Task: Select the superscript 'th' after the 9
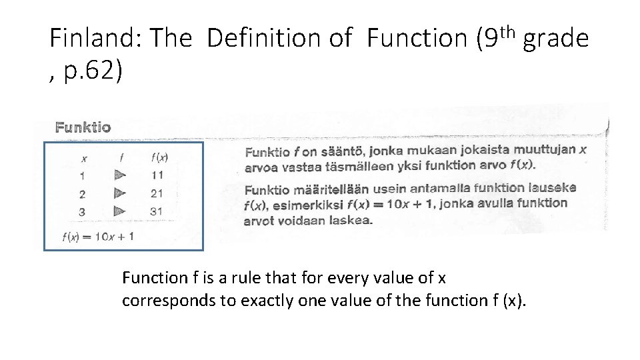pyautogui.click(x=509, y=30)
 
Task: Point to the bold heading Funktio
pyautogui.click(x=83, y=127)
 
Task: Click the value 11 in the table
pyautogui.click(x=157, y=175)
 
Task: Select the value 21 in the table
pyautogui.click(x=157, y=193)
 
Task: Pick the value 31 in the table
pyautogui.click(x=157, y=211)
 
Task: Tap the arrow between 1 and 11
pyautogui.click(x=120, y=175)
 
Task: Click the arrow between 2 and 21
pyautogui.click(x=120, y=193)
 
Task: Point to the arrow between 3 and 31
pyautogui.click(x=120, y=211)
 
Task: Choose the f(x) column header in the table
pyautogui.click(x=159, y=158)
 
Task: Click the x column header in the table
pyautogui.click(x=83, y=159)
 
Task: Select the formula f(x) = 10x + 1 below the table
pyautogui.click(x=97, y=236)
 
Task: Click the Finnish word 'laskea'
pyautogui.click(x=351, y=221)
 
